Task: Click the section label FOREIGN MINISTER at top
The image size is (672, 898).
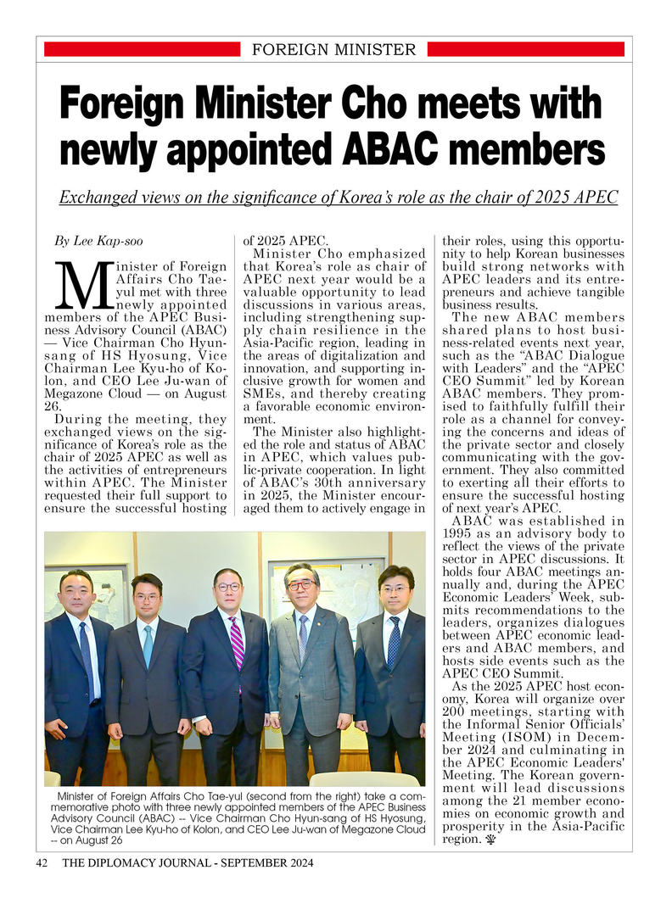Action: [334, 50]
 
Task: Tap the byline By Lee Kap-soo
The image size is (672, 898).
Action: [98, 241]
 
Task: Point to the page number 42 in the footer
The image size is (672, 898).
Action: [42, 863]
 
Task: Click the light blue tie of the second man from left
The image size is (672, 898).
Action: [148, 644]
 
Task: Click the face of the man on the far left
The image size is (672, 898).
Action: [77, 594]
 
